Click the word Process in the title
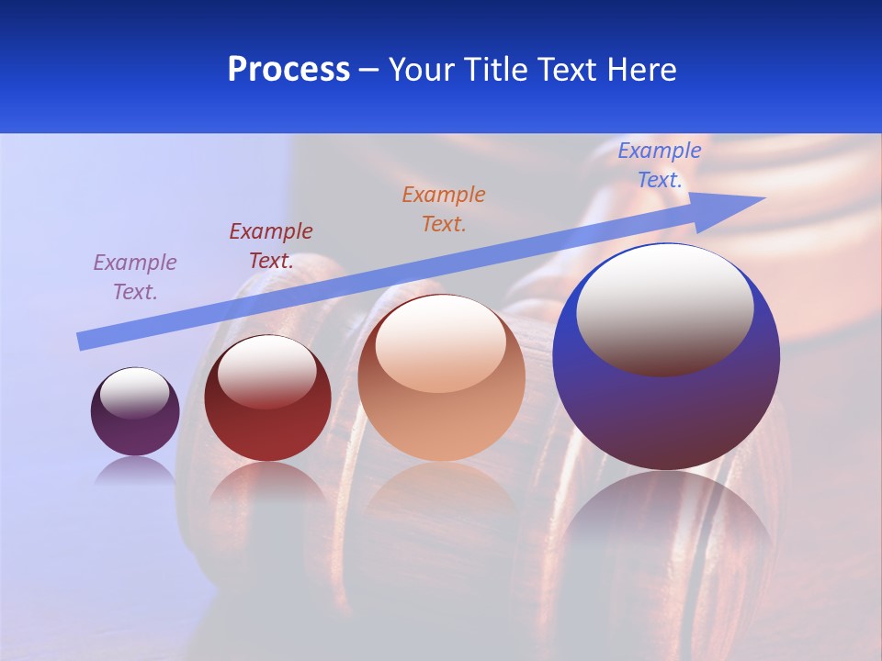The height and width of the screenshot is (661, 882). tap(288, 70)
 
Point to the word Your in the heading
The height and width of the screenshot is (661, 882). tap(422, 70)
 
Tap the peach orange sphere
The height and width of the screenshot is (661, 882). tap(441, 422)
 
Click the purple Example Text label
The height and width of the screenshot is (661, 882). tap(135, 277)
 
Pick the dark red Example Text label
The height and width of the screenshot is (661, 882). tap(271, 246)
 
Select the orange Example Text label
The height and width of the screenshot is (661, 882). tap(444, 209)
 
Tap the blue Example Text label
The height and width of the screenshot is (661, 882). tap(659, 165)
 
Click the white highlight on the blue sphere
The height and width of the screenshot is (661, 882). tap(665, 308)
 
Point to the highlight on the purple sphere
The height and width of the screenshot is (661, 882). tap(134, 393)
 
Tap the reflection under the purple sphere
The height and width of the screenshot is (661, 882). tap(135, 469)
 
